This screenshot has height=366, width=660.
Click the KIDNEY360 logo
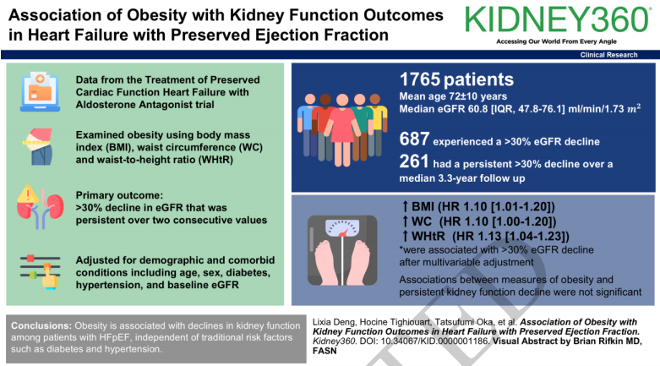click(x=557, y=19)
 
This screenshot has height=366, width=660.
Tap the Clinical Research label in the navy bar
click(x=608, y=55)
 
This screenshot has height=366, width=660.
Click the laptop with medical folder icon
click(x=40, y=92)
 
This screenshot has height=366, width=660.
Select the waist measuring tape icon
click(x=38, y=146)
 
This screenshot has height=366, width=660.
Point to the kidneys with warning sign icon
click(x=40, y=207)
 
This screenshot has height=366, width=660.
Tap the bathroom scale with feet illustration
click(x=342, y=250)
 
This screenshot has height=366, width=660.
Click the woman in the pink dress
click(x=342, y=129)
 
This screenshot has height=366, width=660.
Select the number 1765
click(x=420, y=79)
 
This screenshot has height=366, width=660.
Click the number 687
click(x=415, y=139)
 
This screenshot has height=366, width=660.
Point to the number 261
click(x=414, y=161)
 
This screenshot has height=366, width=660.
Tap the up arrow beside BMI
click(x=405, y=206)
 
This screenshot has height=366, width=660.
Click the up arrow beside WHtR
click(x=405, y=237)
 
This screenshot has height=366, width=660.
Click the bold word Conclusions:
click(x=41, y=325)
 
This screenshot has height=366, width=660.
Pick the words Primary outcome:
click(x=119, y=195)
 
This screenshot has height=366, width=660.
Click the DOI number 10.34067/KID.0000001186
click(x=435, y=341)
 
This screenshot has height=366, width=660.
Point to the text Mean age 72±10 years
click(x=453, y=96)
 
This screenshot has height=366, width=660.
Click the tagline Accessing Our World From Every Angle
click(x=556, y=41)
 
